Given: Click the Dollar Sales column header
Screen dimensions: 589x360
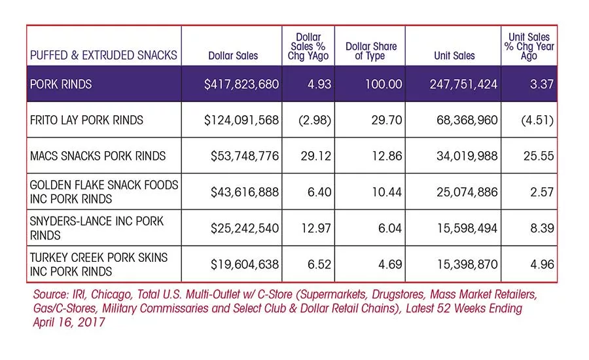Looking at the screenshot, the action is click(233, 56).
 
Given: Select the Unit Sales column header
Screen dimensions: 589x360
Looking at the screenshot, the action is click(454, 56).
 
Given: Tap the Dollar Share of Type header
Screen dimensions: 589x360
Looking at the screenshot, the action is click(371, 51).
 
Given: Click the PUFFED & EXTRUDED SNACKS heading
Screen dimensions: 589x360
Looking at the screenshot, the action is click(103, 55).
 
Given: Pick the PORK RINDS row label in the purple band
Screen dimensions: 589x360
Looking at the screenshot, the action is click(61, 84).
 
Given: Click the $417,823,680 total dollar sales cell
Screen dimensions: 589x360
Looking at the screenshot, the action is click(241, 84).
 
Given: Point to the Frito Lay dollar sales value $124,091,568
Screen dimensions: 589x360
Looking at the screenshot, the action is click(241, 120).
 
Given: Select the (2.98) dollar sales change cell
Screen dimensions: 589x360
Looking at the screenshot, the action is click(315, 120).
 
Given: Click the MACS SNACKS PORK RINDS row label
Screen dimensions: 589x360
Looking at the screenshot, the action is click(98, 156).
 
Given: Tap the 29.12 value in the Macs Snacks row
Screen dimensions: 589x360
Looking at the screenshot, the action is click(316, 156).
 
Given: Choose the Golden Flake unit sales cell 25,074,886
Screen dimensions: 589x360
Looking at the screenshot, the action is click(467, 192).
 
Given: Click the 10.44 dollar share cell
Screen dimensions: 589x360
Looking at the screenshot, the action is click(387, 192).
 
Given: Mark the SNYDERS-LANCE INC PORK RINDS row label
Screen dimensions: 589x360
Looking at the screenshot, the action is click(97, 228).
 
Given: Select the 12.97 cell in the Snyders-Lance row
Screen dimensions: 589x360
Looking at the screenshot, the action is click(316, 228).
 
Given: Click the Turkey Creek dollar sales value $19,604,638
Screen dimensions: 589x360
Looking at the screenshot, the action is click(245, 264).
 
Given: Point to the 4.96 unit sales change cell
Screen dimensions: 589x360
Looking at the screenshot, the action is click(542, 264).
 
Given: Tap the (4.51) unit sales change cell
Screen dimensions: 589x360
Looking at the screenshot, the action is click(537, 120).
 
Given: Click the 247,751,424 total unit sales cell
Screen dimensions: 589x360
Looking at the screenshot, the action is click(463, 84).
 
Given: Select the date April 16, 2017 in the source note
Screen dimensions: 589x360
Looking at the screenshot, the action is click(69, 323).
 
